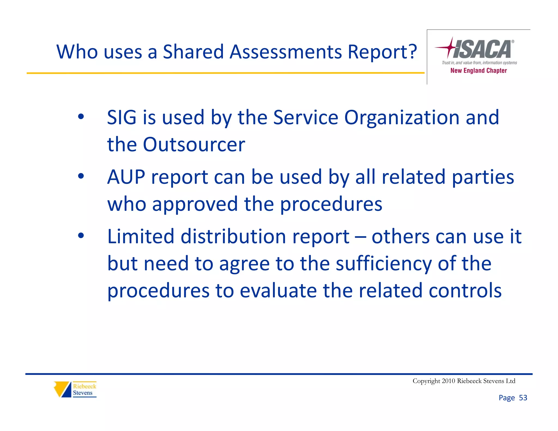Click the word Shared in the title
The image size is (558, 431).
[193, 52]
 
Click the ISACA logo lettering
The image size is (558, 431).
[482, 49]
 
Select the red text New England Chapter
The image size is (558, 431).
[478, 71]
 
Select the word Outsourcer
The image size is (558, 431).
[194, 144]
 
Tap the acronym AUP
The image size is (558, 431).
[126, 177]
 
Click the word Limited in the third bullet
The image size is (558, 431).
[141, 236]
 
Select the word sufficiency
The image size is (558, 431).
[384, 264]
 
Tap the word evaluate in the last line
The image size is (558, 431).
[278, 291]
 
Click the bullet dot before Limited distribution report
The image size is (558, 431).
[81, 235]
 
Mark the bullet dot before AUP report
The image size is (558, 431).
[81, 176]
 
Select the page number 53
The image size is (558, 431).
[523, 398]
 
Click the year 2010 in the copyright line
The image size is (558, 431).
[448, 381]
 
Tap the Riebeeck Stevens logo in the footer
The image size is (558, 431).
[75, 389]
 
